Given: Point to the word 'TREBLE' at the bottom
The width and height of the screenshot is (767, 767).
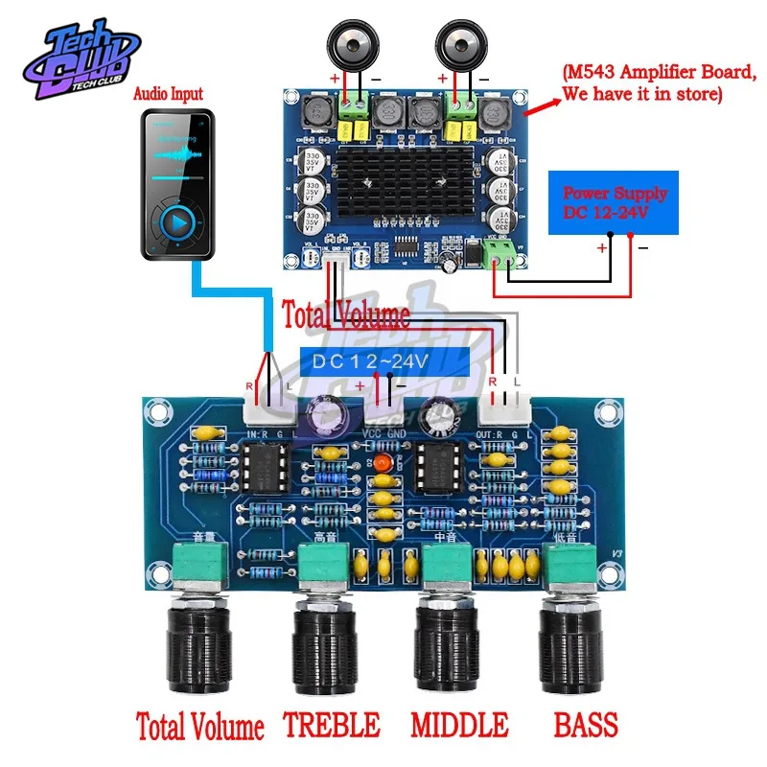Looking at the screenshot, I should click(332, 722).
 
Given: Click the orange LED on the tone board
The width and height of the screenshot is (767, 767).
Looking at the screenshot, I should click(383, 463).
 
